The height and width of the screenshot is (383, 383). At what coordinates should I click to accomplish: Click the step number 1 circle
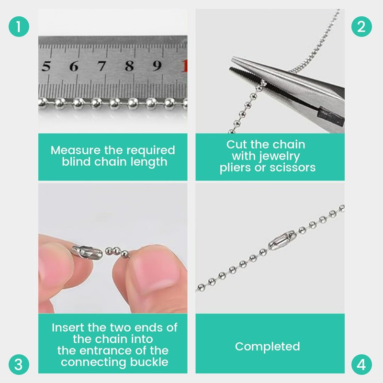(x=19, y=26)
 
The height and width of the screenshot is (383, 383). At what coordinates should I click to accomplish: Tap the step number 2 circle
(x=361, y=26)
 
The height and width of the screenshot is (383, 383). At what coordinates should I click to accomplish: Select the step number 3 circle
(x=19, y=364)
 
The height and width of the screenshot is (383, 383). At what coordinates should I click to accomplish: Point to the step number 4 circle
(x=361, y=364)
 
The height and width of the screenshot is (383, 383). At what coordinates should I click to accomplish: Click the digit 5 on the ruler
(x=45, y=66)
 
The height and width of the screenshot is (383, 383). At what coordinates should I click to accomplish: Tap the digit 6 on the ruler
(x=74, y=66)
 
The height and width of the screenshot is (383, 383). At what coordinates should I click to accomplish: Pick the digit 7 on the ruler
(x=101, y=66)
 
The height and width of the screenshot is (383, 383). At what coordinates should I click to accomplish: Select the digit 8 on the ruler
(x=129, y=66)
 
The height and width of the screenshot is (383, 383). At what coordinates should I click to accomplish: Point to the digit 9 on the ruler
(x=157, y=66)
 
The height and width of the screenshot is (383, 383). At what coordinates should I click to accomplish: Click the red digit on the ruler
(x=185, y=66)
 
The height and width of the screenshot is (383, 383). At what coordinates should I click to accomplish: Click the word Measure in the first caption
(x=76, y=150)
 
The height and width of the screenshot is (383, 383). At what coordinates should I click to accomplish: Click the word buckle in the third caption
(x=149, y=362)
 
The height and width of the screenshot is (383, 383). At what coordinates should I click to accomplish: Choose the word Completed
(x=268, y=347)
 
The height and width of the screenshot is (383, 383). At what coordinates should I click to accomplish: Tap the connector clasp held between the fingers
(x=88, y=252)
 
